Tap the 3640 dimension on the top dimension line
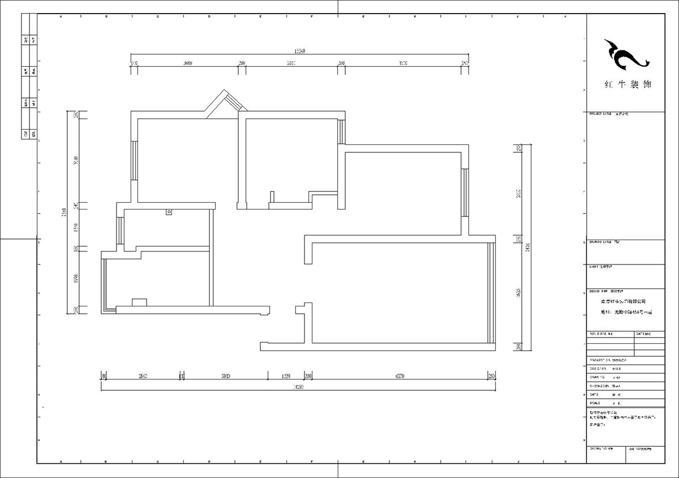tap(189, 63)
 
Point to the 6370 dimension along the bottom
tap(399, 375)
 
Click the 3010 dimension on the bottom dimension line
tap(225, 375)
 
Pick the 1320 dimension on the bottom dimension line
tap(286, 375)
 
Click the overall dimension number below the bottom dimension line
tap(298, 387)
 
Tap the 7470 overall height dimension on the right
tap(527, 247)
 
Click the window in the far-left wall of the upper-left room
tap(134, 160)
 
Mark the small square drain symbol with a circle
tap(168, 212)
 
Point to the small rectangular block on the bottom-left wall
tap(139, 302)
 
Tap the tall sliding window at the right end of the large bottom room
tap(491, 293)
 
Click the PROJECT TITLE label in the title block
tap(600, 114)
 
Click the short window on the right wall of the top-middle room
tap(341, 131)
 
